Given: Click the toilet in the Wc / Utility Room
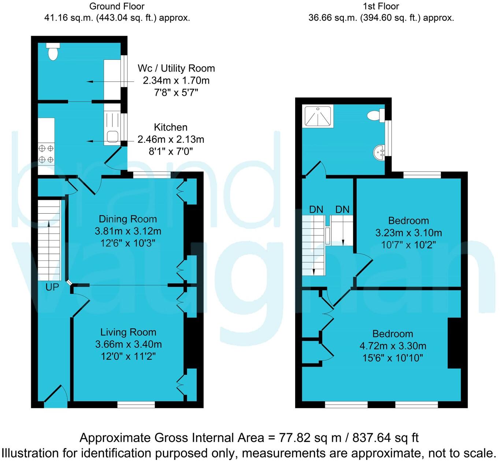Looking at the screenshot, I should [x=53, y=52].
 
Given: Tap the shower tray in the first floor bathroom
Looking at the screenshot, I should [x=318, y=117].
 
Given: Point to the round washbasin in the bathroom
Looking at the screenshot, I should [x=379, y=152].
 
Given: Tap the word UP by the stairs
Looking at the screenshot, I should [x=52, y=287].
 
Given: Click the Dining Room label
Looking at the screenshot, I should [x=128, y=219].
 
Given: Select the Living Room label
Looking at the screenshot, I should [x=128, y=332].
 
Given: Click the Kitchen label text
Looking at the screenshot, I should [x=171, y=128].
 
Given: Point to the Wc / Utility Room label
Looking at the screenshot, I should [x=176, y=69].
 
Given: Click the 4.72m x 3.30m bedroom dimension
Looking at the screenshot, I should [x=393, y=346].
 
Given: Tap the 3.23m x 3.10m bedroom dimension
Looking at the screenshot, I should [x=409, y=233].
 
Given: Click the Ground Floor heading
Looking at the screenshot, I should [x=117, y=6].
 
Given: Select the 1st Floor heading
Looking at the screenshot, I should [x=381, y=6].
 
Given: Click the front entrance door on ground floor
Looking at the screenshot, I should [x=56, y=396].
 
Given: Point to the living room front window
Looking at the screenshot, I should [x=136, y=405].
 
